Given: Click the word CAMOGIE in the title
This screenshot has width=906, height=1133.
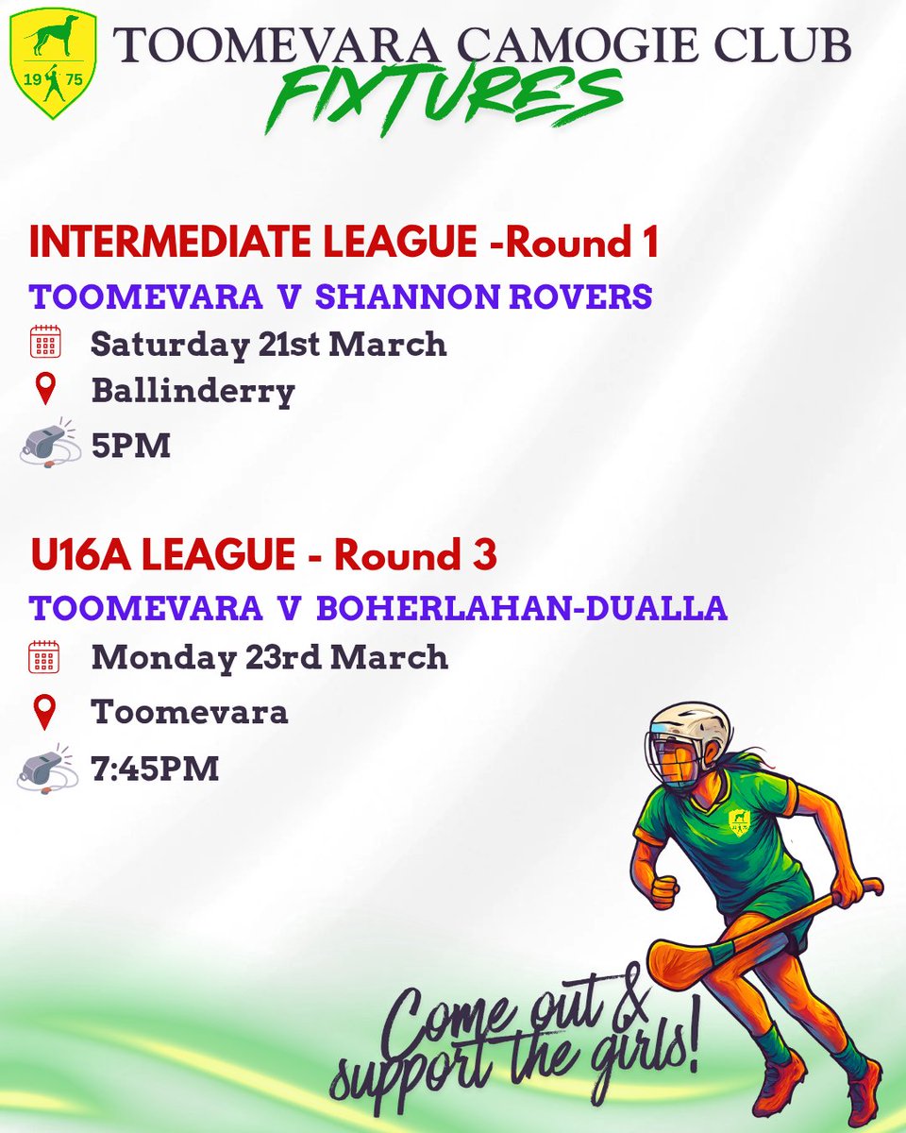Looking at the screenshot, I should point(541,45).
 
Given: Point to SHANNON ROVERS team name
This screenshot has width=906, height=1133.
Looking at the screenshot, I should point(483,296).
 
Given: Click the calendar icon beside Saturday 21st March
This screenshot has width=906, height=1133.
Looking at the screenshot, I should point(44,343).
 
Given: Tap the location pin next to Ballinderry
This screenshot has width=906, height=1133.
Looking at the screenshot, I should point(44,389).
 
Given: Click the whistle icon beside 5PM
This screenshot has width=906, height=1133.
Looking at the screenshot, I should point(47,443).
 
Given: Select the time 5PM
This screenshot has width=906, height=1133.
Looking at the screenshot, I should point(130,445).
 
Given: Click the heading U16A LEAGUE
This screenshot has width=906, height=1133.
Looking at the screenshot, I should point(163,555).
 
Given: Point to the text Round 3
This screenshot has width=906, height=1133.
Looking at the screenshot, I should point(415,555).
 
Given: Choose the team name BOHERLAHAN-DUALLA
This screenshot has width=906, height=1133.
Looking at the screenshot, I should point(522,608).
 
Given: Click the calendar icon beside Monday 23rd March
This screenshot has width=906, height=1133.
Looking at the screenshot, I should point(44,656).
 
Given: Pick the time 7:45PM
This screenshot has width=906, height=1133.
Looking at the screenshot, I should point(155,768).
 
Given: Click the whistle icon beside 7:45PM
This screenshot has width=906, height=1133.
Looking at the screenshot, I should point(47,768).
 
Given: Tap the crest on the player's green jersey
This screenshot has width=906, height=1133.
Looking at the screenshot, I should point(739,820).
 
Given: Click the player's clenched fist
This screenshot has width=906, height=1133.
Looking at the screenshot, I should point(665,888).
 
